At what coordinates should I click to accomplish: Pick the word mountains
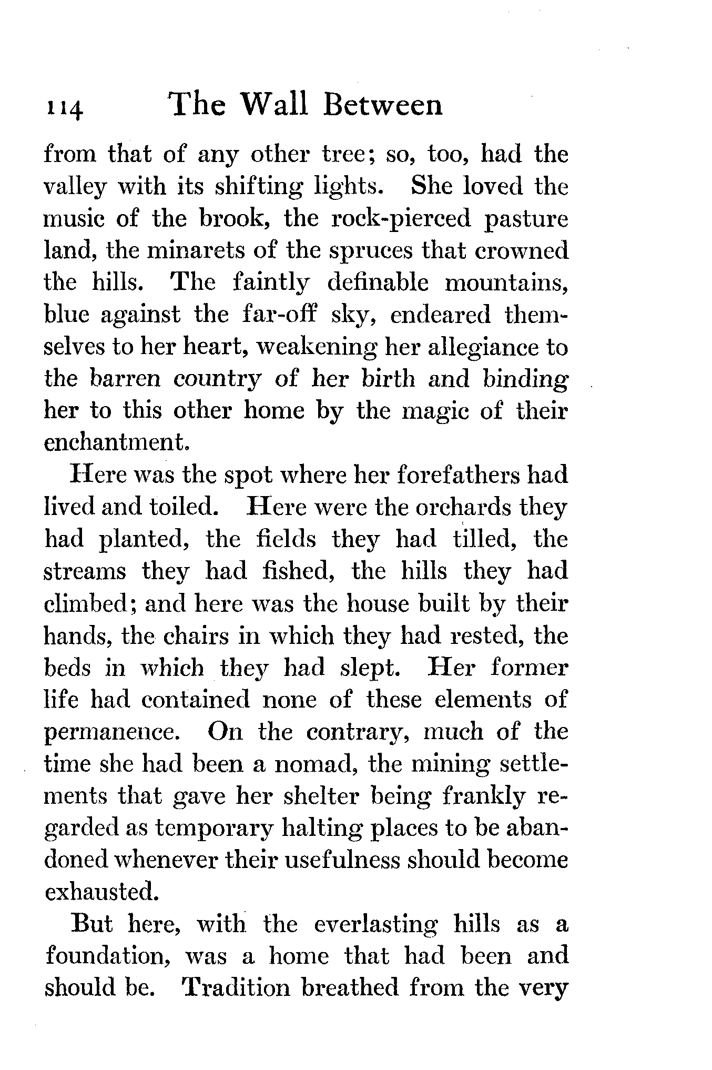click(506, 283)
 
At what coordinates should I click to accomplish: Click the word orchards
click(464, 507)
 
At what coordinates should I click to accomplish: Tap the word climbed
click(90, 603)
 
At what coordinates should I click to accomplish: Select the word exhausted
click(100, 892)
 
